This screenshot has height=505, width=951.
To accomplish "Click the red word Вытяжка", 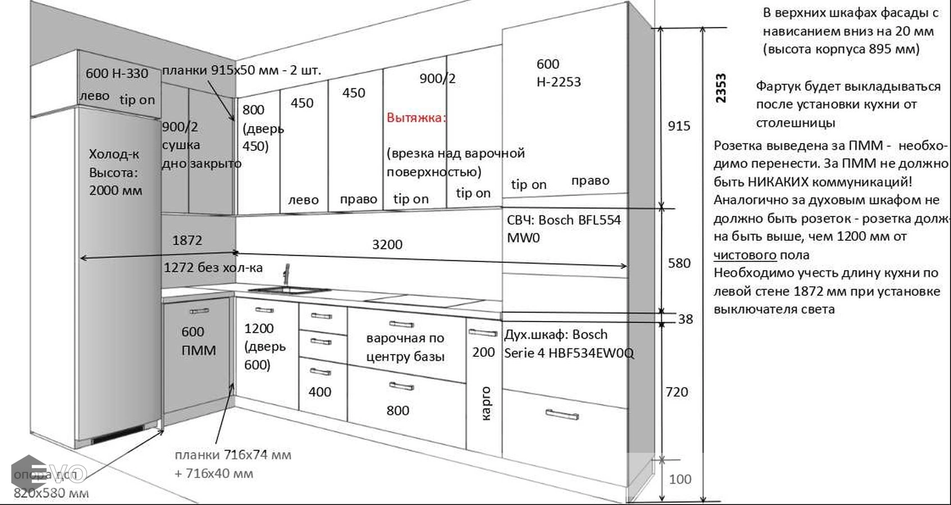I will click(x=415, y=118).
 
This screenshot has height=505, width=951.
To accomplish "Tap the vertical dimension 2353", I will click(x=721, y=88).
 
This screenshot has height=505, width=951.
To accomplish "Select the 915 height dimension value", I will click(x=679, y=126).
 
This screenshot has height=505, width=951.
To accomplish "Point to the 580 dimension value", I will click(x=679, y=263).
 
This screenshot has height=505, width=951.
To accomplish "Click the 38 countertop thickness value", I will click(x=685, y=319).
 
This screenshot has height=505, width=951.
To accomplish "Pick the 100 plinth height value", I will click(x=680, y=479).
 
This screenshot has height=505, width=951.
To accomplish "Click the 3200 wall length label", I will click(x=387, y=245).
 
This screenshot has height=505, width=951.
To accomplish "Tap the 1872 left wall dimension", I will click(x=187, y=241).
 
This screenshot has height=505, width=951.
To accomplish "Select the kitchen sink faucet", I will click(x=286, y=275).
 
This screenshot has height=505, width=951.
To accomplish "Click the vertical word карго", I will click(x=486, y=403).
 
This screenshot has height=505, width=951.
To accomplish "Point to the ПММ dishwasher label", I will click(x=199, y=351).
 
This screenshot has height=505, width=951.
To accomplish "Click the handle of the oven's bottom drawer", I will click(x=561, y=415).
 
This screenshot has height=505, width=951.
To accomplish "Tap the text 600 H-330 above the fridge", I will click(x=117, y=74).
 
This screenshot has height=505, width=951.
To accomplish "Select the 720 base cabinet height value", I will click(x=676, y=392).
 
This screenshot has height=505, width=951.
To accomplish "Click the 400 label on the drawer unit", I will click(x=320, y=392).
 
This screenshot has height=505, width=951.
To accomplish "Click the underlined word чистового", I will click(x=745, y=255).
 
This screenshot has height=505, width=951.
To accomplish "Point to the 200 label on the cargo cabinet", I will click(x=483, y=352).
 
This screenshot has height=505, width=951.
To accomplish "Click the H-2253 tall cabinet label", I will click(x=559, y=82).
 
